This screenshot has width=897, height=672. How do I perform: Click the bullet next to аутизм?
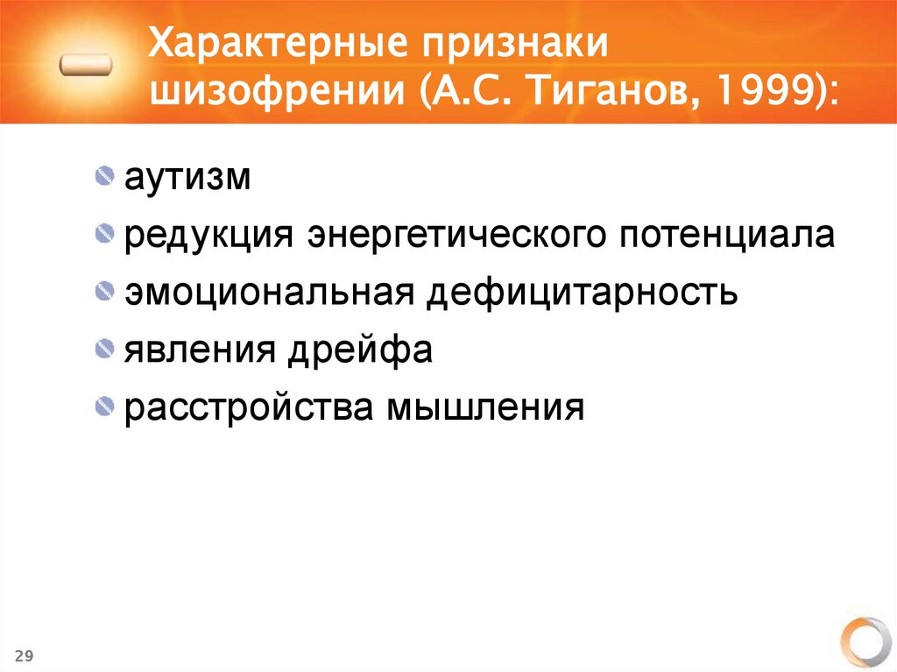pyautogui.click(x=105, y=178)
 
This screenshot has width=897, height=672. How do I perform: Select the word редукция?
pyautogui.click(x=207, y=237)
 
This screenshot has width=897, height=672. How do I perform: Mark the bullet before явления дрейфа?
pyautogui.click(x=105, y=350)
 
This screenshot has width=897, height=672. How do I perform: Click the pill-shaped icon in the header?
pyautogui.click(x=87, y=65)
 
